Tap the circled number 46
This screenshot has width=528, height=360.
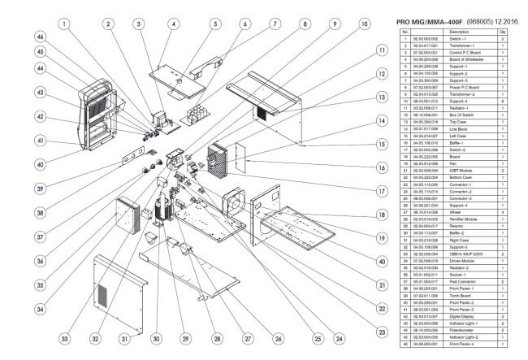click(39, 37)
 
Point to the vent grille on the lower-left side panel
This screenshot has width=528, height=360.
click(103, 291)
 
